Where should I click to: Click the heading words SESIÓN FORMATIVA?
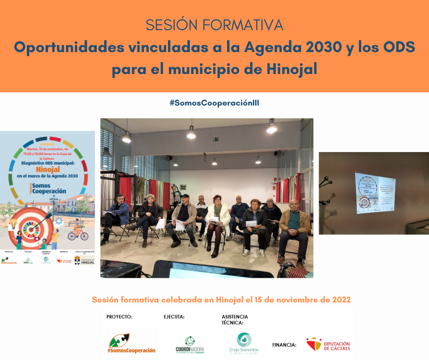214,25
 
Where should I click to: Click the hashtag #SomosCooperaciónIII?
214,103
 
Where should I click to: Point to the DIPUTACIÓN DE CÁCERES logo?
328,344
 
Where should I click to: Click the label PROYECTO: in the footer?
119,317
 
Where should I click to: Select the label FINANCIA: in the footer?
284,345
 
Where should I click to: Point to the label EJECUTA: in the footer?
174,317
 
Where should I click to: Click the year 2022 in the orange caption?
340,300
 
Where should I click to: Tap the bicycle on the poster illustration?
78,233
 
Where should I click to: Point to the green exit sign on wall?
216,139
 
